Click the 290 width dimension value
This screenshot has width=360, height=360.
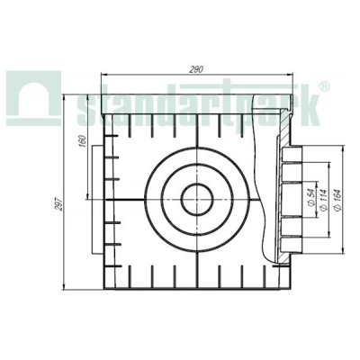196,69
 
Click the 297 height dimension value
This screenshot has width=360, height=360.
59,204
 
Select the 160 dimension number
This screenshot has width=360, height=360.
83,140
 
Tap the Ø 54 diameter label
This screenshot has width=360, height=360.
310,199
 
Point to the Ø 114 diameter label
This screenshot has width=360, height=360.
323,200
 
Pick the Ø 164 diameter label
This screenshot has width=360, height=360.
337,200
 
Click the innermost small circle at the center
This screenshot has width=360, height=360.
197,200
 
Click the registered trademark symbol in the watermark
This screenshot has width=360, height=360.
324,86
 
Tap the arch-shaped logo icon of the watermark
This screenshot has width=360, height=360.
33,98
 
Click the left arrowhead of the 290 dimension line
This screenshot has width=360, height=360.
103,75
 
